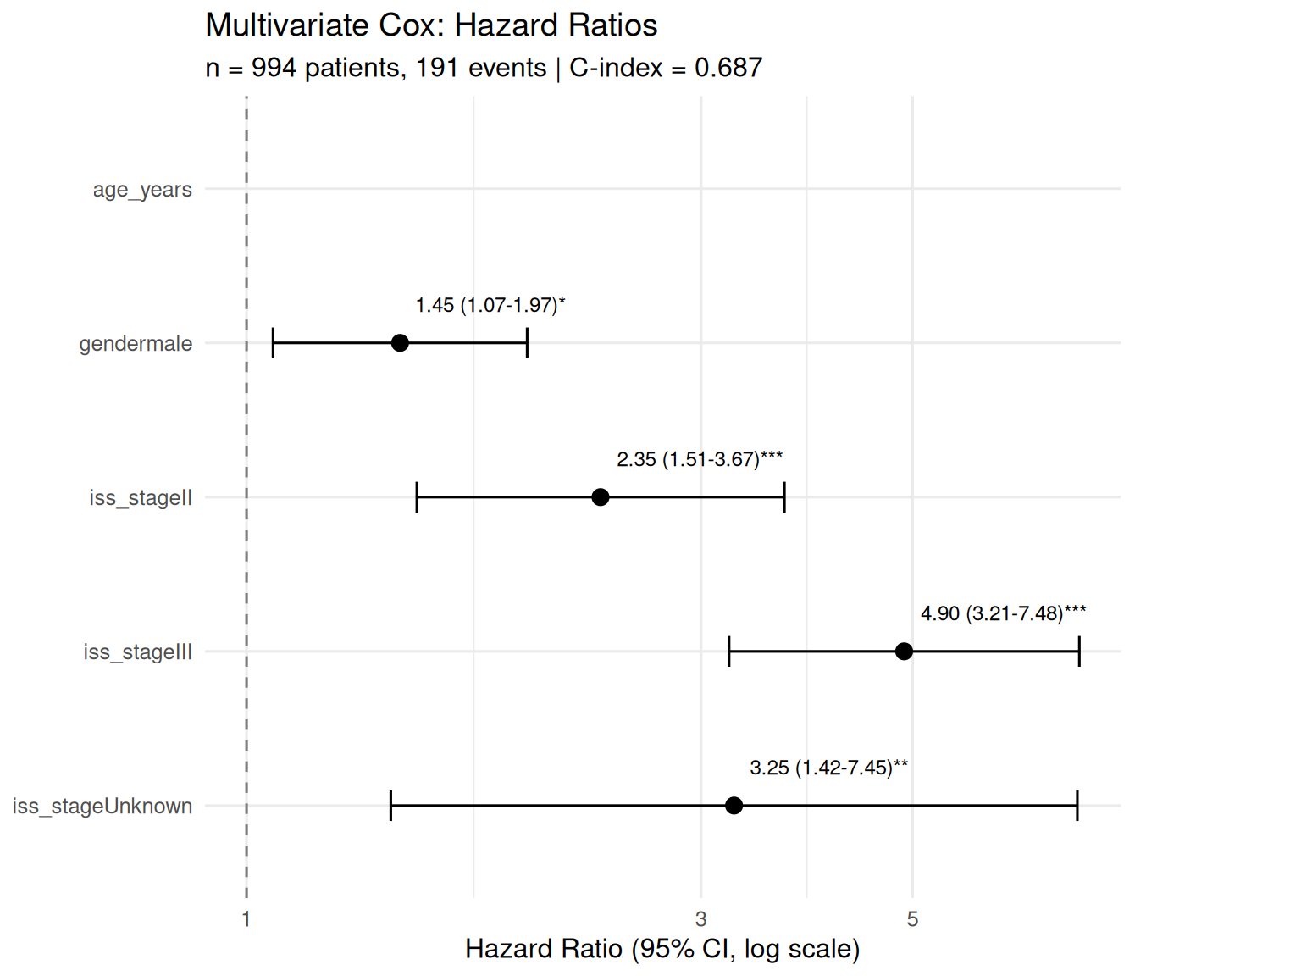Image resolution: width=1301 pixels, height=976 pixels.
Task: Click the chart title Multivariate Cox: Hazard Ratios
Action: tap(431, 25)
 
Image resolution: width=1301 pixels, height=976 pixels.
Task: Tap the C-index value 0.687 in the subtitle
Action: tap(728, 68)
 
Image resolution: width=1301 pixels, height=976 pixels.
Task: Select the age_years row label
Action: tap(142, 190)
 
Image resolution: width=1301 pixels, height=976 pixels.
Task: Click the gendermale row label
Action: tap(136, 344)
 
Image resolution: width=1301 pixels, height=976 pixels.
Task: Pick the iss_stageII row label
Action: tap(141, 498)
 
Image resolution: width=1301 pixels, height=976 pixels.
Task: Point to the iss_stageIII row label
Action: tap(138, 652)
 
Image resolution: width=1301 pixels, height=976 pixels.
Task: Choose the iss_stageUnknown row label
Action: tap(102, 807)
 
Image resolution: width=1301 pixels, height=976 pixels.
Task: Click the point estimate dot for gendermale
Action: tap(400, 343)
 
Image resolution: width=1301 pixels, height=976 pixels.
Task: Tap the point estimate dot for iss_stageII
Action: tap(600, 497)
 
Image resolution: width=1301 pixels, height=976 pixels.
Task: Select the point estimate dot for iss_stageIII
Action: tap(904, 652)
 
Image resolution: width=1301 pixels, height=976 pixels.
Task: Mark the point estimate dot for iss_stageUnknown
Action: tap(734, 806)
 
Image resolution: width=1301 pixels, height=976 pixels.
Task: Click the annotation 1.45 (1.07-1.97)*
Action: tap(490, 305)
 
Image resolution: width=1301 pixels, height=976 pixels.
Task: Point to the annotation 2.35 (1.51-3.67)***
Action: tap(700, 459)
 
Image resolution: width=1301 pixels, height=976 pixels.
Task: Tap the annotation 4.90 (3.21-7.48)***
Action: tap(1003, 613)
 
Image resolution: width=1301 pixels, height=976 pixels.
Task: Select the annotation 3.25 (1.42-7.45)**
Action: tap(828, 768)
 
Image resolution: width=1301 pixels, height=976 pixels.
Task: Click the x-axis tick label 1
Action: tap(246, 919)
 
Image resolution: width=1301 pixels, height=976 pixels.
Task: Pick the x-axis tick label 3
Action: tap(700, 919)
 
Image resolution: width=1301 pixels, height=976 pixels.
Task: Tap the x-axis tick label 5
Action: tap(912, 919)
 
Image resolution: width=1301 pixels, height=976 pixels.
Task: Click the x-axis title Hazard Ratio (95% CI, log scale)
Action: tap(662, 949)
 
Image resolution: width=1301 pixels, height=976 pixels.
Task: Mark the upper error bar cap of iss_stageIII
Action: tap(1079, 652)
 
